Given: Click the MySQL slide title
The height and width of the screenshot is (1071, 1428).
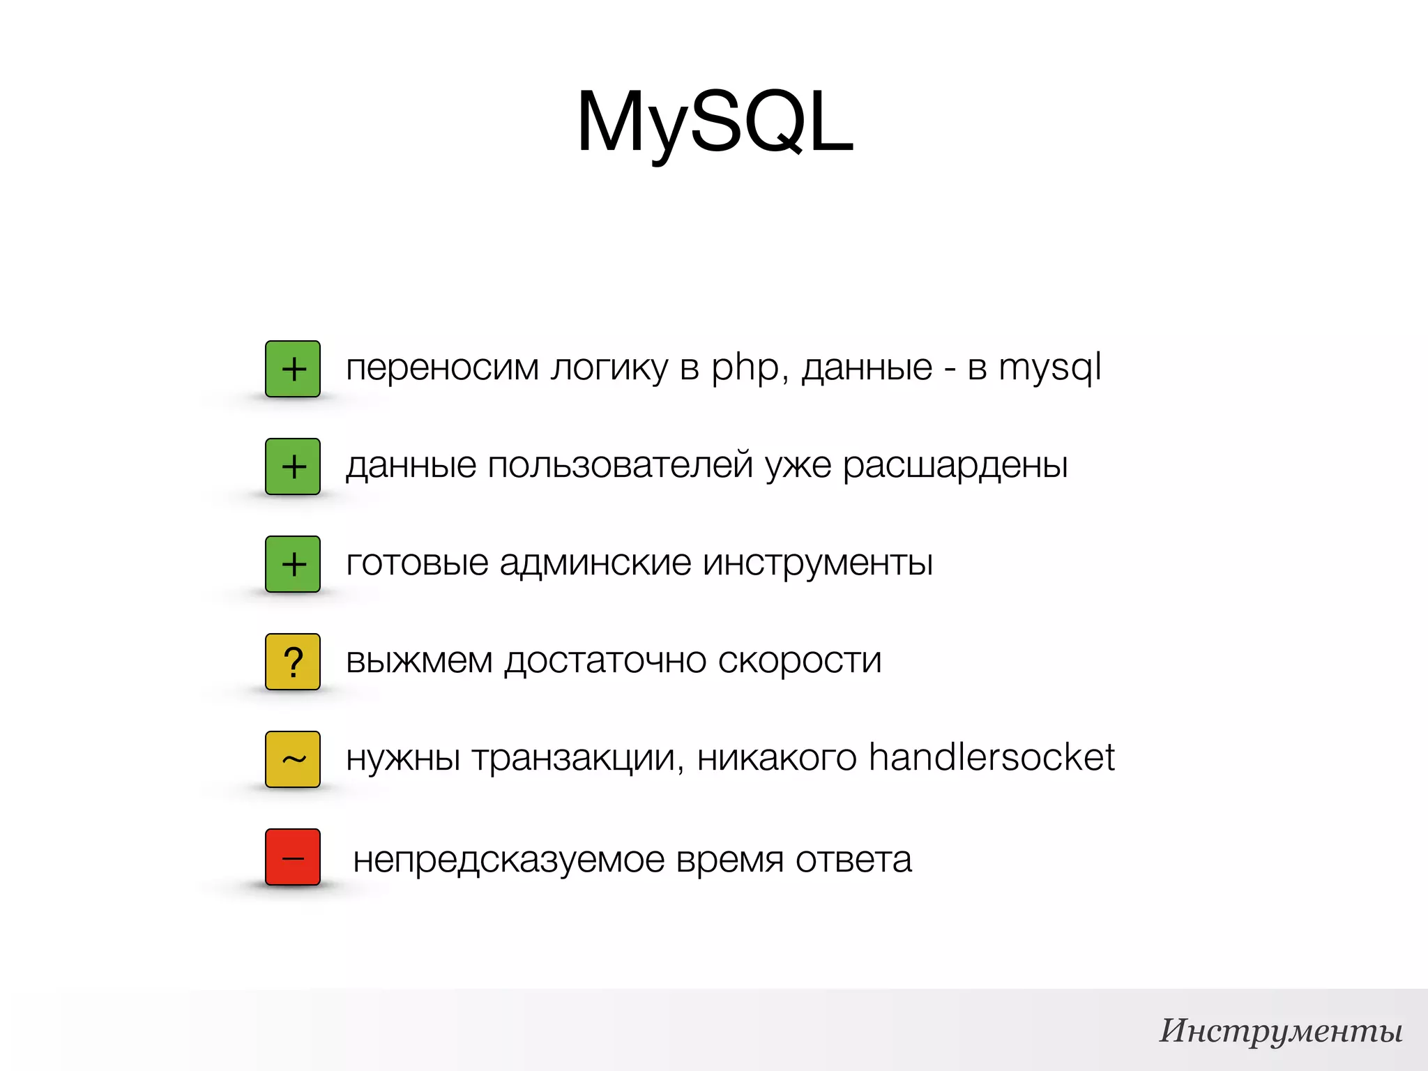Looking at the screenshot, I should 715,122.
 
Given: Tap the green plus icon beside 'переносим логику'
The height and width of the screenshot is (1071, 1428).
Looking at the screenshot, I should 293,369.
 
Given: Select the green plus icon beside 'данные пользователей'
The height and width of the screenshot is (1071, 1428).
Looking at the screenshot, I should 293,466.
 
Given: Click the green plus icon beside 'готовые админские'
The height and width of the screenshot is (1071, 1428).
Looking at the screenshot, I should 293,564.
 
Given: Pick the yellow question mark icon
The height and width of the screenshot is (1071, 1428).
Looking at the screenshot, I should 293,662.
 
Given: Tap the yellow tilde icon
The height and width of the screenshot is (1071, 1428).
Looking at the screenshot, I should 293,759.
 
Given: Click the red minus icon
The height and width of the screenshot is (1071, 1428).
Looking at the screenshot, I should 293,857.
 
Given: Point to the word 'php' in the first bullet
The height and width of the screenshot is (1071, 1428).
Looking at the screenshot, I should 745,368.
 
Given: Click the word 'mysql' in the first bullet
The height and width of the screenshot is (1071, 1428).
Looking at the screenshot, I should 1049,368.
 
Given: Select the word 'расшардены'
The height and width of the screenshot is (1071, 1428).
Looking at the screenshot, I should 955,466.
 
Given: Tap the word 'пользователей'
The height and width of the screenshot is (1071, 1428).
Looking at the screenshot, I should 620,466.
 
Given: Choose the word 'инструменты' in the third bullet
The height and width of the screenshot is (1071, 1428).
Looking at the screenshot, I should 817,563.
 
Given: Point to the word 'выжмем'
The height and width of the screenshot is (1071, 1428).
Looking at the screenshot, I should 419,660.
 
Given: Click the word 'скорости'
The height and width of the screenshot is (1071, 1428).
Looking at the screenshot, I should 800,660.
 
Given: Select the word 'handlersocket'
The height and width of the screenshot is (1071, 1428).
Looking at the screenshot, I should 992,758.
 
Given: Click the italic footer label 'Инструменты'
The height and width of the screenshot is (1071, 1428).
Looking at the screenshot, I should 1281,1031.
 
